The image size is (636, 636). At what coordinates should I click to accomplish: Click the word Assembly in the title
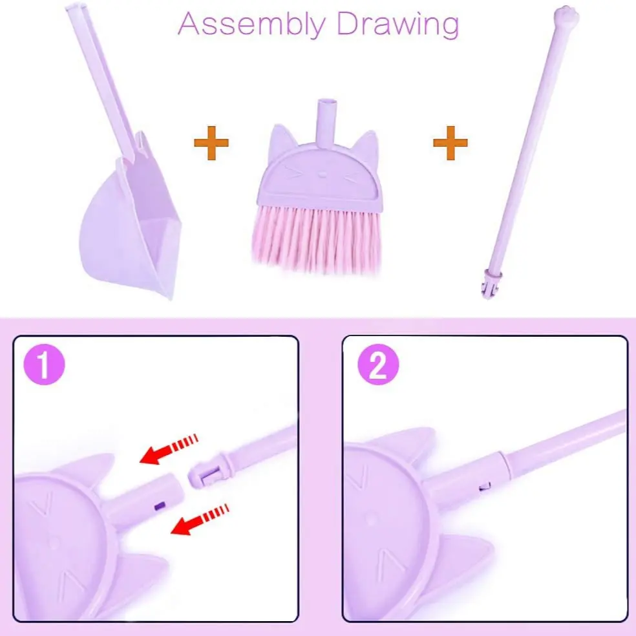251,25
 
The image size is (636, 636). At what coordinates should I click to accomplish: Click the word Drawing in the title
398,25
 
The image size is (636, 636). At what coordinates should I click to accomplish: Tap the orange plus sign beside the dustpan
211,142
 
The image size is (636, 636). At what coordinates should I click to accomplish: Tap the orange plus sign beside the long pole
450,142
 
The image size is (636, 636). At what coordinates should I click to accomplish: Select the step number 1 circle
44,365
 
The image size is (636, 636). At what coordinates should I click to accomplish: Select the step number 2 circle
378,365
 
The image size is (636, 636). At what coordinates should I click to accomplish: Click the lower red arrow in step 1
200,520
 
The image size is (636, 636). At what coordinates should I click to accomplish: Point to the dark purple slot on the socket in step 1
160,506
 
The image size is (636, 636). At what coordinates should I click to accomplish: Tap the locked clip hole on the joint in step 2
485,486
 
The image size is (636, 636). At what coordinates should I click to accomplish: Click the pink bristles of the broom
317,238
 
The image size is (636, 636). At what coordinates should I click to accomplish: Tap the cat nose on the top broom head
322,175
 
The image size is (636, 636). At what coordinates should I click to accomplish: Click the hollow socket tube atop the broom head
326,123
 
